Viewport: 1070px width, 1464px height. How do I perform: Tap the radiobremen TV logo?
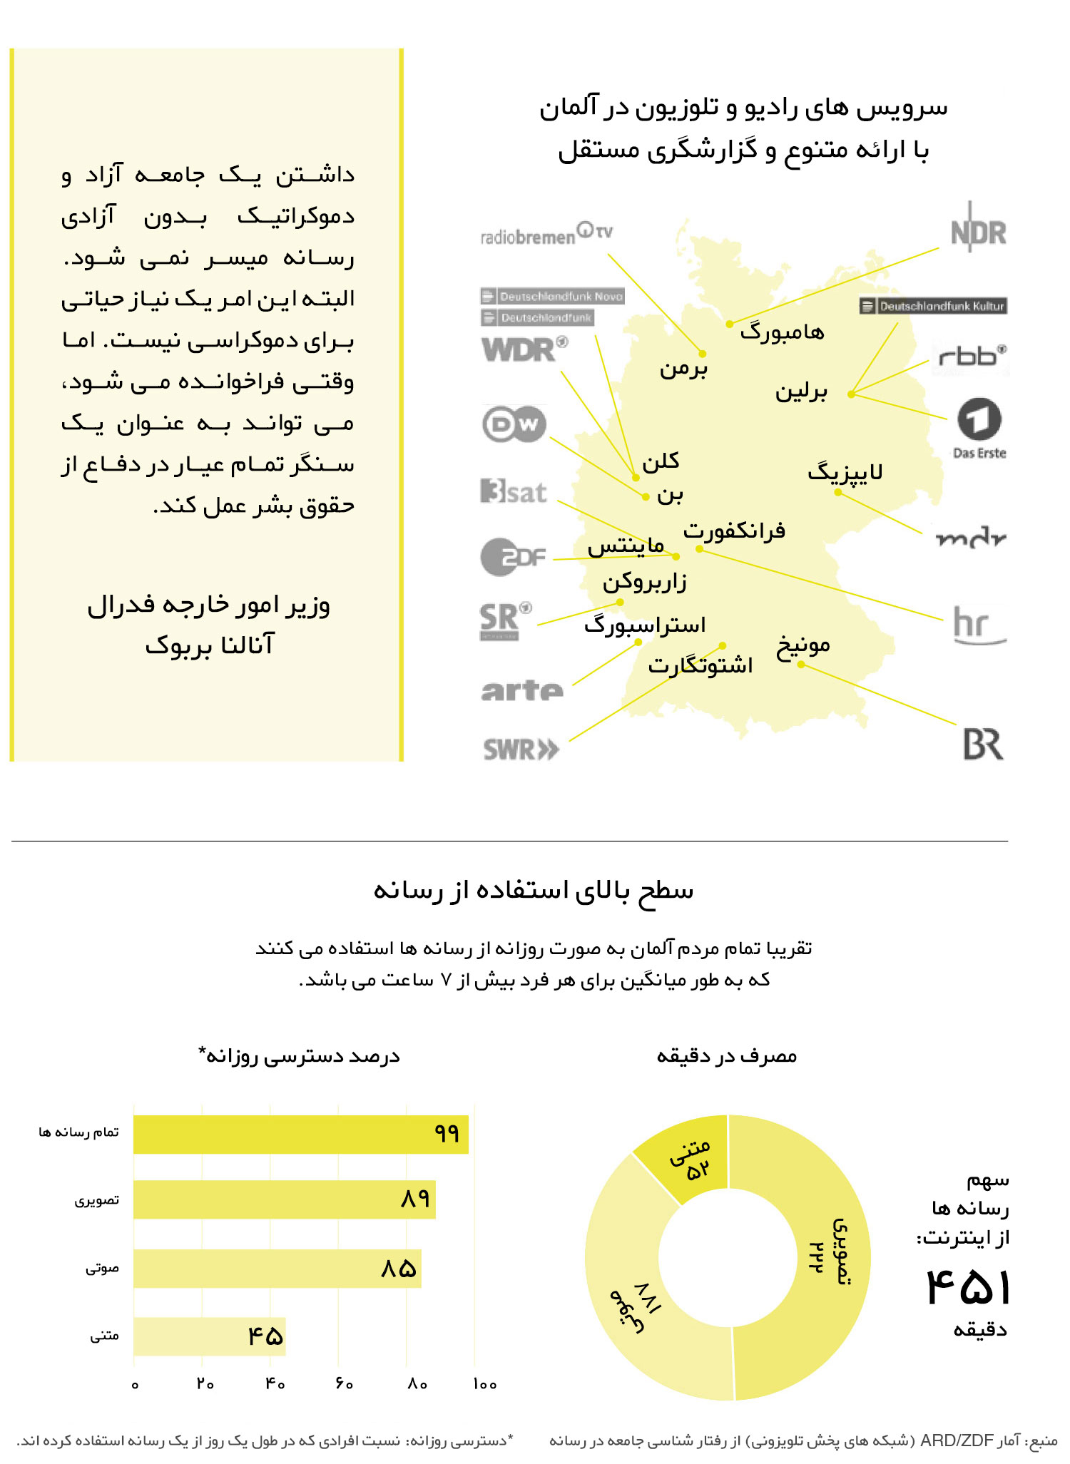pos(546,234)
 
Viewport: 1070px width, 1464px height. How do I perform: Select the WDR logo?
pos(524,349)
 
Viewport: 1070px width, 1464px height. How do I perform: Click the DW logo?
pos(514,424)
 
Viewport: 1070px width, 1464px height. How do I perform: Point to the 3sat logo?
pos(514,491)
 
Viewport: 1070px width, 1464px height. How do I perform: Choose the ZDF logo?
pos(513,557)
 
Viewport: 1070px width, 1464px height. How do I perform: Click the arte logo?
pos(522,690)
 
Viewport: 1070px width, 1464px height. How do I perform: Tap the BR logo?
pos(983,744)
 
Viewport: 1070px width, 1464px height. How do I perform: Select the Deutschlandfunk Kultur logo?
pos(934,306)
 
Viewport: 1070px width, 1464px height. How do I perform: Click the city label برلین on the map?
pos(801,391)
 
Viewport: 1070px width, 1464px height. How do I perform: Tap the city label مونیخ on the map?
pos(803,645)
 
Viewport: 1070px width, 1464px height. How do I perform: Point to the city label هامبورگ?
pos(782,332)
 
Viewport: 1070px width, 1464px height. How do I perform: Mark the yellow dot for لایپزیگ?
pos(838,492)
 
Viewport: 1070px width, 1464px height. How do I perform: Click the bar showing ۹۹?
pos(300,1134)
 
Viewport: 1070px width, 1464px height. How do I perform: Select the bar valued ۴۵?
pos(209,1336)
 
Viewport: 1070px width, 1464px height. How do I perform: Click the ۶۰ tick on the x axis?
pos(344,1383)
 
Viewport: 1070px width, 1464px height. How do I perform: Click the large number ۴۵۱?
pos(967,1287)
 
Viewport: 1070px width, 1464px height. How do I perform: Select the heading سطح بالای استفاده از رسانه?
pos(534,890)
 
